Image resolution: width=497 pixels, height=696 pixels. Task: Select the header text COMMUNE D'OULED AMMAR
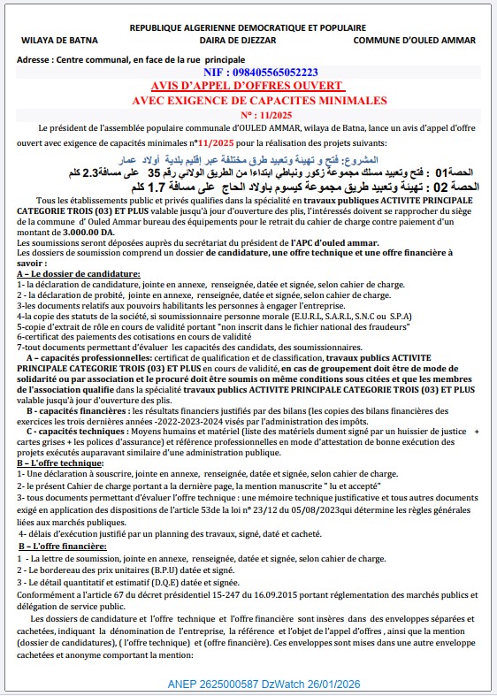tap(414, 41)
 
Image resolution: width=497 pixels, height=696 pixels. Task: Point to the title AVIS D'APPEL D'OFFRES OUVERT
tap(247, 86)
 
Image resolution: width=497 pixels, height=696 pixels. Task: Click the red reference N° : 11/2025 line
tap(247, 115)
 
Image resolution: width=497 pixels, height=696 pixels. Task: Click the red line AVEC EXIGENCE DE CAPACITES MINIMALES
tap(247, 100)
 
